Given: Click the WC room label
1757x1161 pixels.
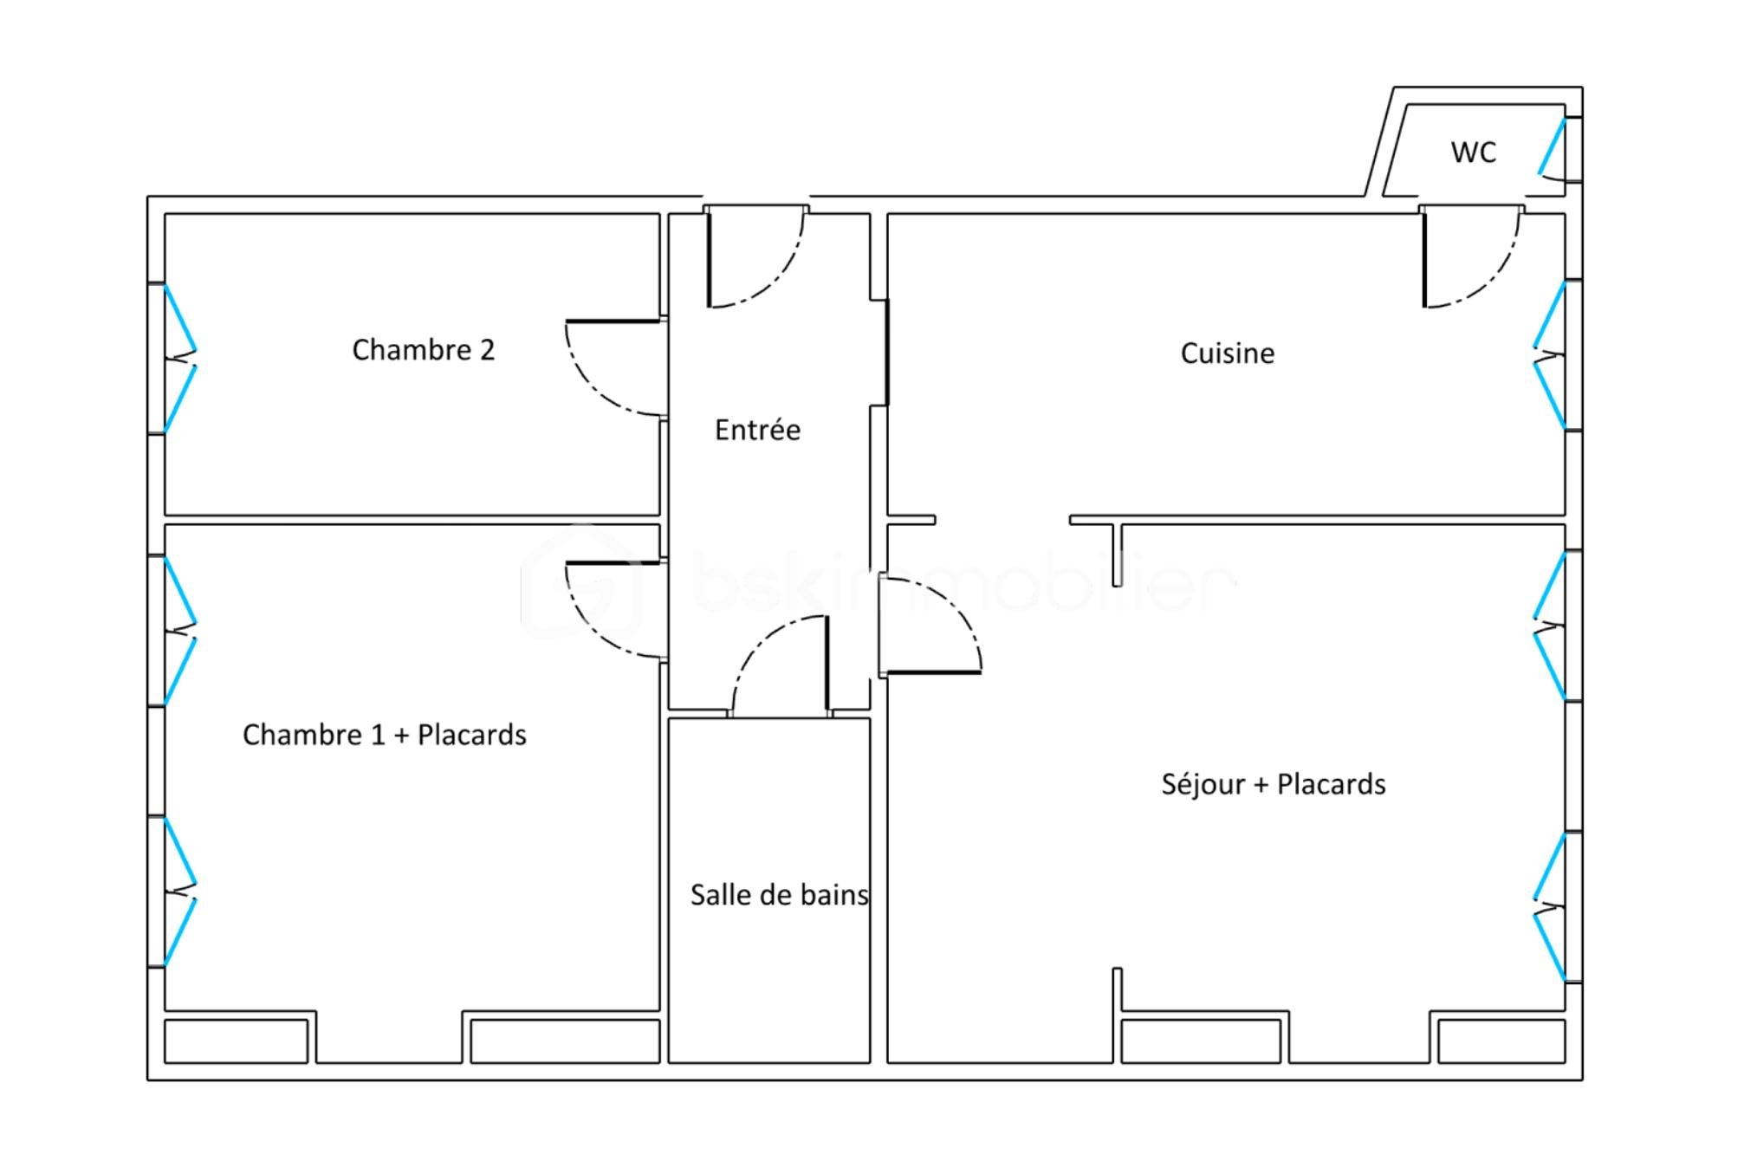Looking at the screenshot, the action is (1473, 152).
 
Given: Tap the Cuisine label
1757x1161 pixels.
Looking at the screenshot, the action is (1227, 353).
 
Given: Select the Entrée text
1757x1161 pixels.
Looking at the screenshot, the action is (757, 430).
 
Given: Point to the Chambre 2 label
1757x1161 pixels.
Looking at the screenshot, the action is (423, 350).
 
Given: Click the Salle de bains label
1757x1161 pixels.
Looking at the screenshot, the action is (779, 895).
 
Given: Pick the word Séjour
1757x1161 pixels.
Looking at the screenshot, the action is (1203, 784).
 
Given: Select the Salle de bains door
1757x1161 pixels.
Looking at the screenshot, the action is (780, 663).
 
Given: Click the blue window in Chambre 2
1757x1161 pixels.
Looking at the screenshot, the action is (180, 358).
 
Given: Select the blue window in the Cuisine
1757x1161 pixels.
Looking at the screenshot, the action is (1549, 355).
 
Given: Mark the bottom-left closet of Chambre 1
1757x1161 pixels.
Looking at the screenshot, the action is (236, 1041).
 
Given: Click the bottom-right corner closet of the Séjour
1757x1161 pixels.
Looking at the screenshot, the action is (1501, 1041).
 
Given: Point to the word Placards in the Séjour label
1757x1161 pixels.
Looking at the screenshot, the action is (1331, 784).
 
